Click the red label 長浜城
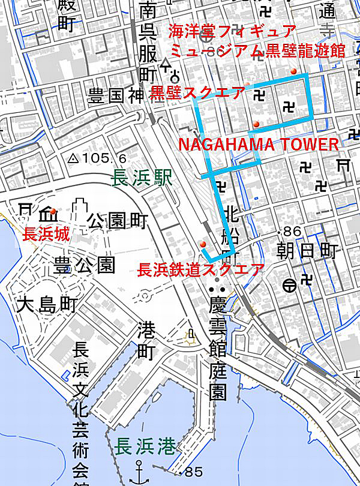point(46,235)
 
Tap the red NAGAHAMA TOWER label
point(259,145)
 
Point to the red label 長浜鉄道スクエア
point(200,269)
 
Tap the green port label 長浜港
point(146,447)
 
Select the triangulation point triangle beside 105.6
point(73,159)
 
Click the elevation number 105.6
point(106,158)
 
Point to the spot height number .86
point(290,231)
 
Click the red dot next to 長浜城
point(54,211)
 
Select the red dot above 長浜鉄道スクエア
point(203,244)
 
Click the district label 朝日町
point(308,250)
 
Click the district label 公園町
point(117,221)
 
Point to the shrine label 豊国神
point(118,97)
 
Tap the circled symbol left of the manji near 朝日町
point(289,284)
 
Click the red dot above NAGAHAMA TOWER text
point(256,124)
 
